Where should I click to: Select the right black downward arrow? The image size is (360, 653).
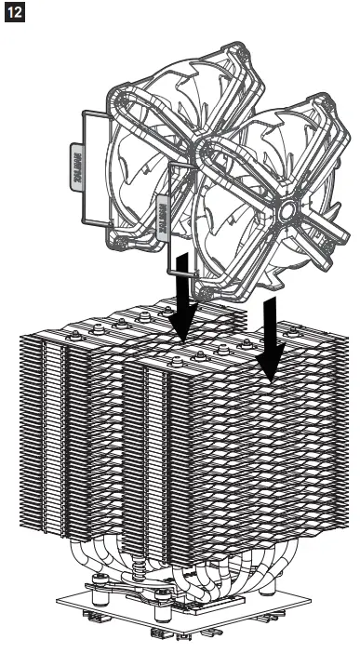(x=272, y=344)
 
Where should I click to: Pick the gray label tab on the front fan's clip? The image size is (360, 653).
(x=167, y=214)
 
